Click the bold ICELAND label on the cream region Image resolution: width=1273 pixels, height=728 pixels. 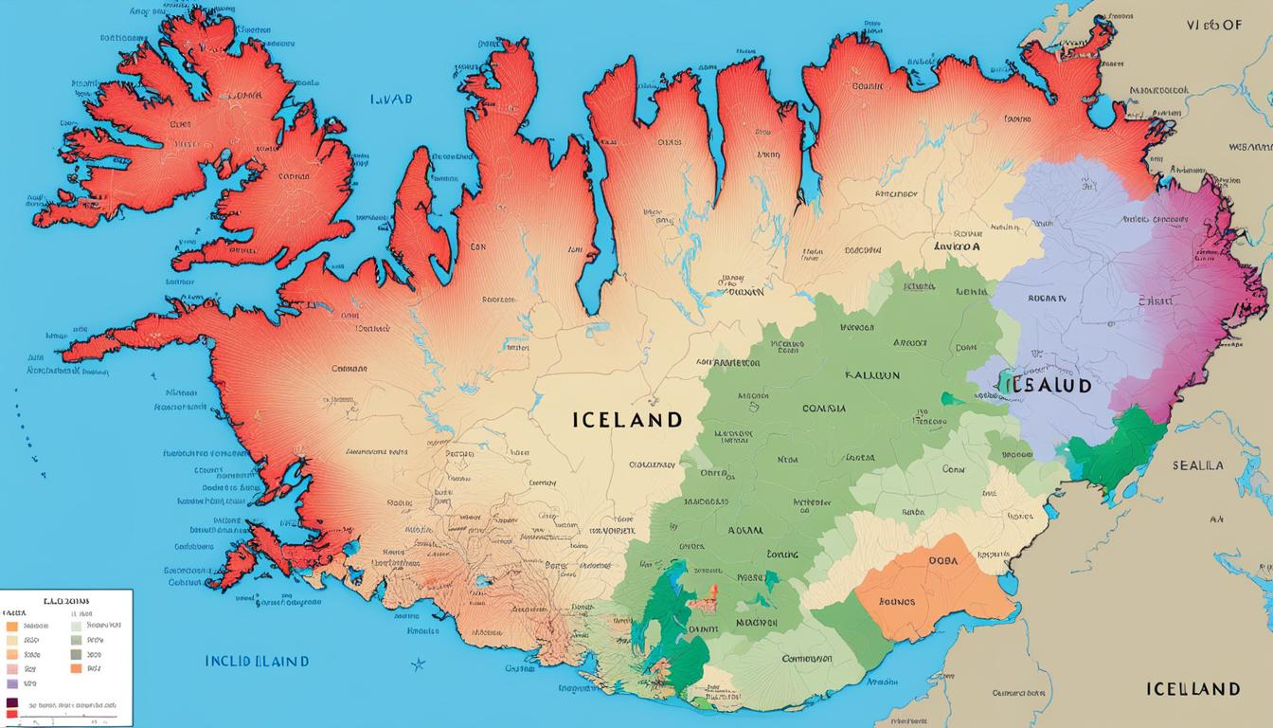[626, 419]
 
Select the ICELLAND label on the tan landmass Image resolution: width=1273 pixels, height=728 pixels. [1192, 688]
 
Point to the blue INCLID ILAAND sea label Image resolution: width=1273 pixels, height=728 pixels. [257, 661]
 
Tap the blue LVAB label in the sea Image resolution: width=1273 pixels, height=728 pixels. [391, 98]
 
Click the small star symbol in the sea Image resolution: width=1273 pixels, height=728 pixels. [418, 664]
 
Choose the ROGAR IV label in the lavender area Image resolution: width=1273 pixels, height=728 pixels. [1047, 298]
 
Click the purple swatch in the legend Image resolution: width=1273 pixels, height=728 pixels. [11, 682]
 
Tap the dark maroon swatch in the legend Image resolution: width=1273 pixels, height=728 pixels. [11, 704]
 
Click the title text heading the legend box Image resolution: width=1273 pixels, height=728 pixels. [65, 601]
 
